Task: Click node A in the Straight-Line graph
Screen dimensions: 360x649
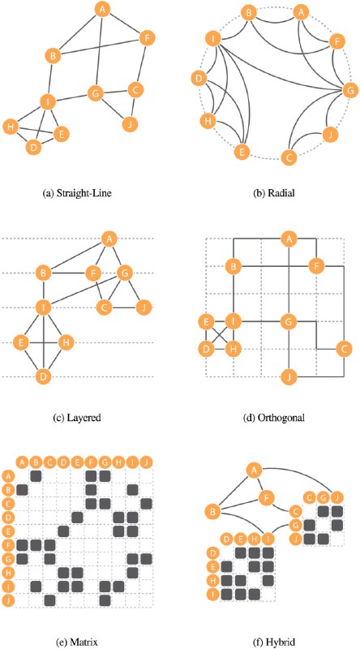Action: click(x=102, y=10)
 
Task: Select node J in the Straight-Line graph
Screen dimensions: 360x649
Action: click(x=130, y=123)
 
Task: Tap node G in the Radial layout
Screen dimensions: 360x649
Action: click(x=349, y=91)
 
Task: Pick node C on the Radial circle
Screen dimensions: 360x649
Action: click(x=289, y=157)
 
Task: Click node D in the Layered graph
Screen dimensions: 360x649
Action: click(x=43, y=376)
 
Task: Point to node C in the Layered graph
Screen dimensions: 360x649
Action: click(x=105, y=307)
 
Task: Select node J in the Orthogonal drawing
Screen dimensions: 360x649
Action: click(x=289, y=377)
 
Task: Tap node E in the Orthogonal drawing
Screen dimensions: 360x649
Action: click(x=205, y=320)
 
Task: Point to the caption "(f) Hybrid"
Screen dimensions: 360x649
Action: click(x=275, y=642)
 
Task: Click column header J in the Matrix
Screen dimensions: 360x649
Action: click(x=146, y=462)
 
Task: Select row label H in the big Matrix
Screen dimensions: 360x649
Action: click(x=8, y=572)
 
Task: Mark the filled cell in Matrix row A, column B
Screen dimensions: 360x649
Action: click(x=36, y=476)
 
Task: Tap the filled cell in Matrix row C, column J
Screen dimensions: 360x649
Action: click(x=146, y=504)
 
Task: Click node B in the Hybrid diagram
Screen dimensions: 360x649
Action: click(x=212, y=512)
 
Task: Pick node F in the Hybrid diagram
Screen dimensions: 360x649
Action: click(x=267, y=496)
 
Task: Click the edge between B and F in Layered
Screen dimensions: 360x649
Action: click(x=67, y=273)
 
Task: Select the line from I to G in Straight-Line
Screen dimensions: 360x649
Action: click(x=71, y=98)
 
